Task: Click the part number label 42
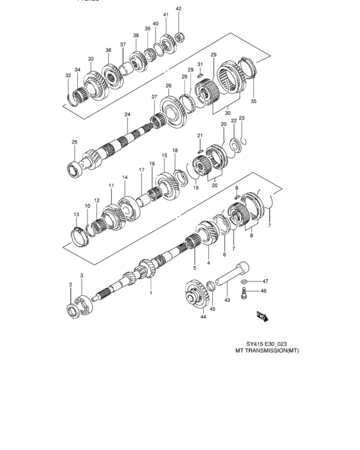pos(179,8)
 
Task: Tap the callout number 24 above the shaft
pos(127,114)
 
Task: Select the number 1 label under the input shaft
pos(151,292)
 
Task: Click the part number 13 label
pos(76,215)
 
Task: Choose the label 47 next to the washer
pos(264,281)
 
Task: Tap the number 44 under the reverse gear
pos(203,317)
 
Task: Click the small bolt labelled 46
pos(244,294)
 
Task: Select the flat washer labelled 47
pos(245,282)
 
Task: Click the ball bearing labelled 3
pos(84,303)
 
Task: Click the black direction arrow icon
pos(262,316)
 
